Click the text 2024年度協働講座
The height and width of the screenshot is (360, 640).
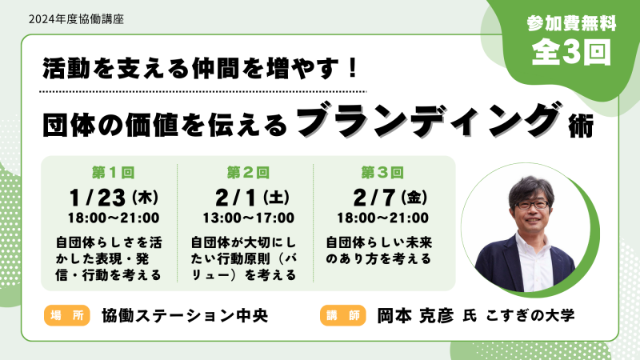pyautogui.click(x=76, y=18)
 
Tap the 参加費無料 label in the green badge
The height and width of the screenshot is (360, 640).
pyautogui.click(x=571, y=23)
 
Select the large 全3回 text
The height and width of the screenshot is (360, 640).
pyautogui.click(x=571, y=52)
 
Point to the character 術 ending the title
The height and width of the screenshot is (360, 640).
pyautogui.click(x=581, y=127)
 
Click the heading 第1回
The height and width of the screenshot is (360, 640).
pyautogui.click(x=113, y=173)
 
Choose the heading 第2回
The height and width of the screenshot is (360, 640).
pyautogui.click(x=248, y=173)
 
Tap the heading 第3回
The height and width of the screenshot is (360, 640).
pyautogui.click(x=382, y=173)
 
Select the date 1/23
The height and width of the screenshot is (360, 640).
pyautogui.click(x=97, y=198)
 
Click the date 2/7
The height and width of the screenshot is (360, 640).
pyautogui.click(x=374, y=198)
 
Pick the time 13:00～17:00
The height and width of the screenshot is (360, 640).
pyautogui.click(x=249, y=218)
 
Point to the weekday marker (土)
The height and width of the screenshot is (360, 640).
pyautogui.click(x=276, y=198)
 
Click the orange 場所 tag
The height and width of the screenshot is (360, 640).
pyautogui.click(x=67, y=315)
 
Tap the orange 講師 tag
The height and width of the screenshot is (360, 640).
pyautogui.click(x=343, y=315)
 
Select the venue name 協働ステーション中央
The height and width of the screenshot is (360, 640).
pyautogui.click(x=185, y=315)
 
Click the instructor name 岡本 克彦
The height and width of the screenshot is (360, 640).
pyautogui.click(x=415, y=315)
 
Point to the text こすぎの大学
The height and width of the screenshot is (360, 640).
pyautogui.click(x=530, y=315)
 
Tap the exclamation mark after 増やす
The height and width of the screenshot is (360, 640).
pyautogui.click(x=354, y=68)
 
